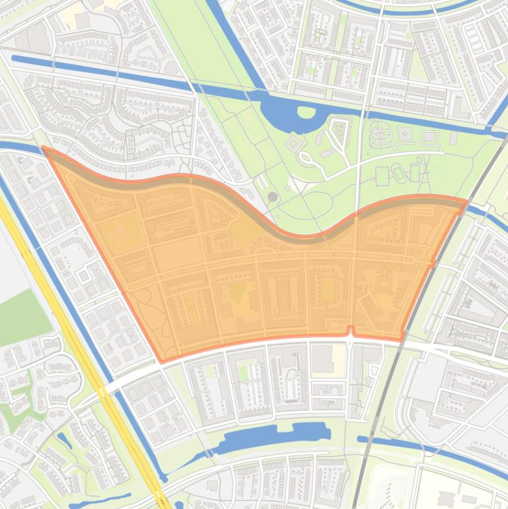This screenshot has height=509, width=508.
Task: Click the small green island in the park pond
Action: point(306,112)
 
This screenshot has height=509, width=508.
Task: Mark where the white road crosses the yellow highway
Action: point(104,389)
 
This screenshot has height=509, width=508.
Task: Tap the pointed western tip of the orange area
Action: point(44,148)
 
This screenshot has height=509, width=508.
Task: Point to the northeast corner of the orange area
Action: point(466,200)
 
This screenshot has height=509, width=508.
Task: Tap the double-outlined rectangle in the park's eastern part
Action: point(429,137)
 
